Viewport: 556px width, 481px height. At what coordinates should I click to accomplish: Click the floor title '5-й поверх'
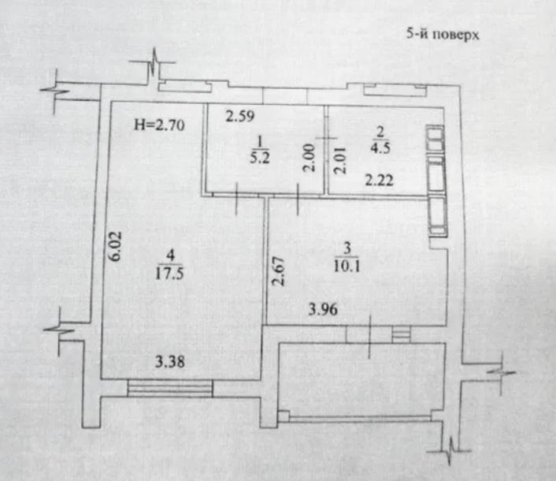pyautogui.click(x=443, y=35)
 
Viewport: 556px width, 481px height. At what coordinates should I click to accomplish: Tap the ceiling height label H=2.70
pyautogui.click(x=159, y=125)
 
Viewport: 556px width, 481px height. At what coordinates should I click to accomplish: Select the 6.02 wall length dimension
pyautogui.click(x=116, y=246)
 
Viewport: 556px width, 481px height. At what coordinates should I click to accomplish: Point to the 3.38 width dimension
pyautogui.click(x=170, y=362)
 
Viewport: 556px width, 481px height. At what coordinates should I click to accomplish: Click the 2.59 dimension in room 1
pyautogui.click(x=240, y=116)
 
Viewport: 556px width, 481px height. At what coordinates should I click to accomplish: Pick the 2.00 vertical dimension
pyautogui.click(x=310, y=157)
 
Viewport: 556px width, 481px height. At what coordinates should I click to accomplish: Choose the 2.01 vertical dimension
pyautogui.click(x=339, y=160)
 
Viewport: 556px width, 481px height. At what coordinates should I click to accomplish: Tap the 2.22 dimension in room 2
pyautogui.click(x=380, y=181)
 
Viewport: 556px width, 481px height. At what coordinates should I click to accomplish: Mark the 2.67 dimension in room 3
pyautogui.click(x=278, y=271)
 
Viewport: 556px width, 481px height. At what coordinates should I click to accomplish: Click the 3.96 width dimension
pyautogui.click(x=323, y=310)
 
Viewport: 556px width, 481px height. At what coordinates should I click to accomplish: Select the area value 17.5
pyautogui.click(x=169, y=274)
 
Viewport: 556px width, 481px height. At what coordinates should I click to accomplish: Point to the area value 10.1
pyautogui.click(x=347, y=266)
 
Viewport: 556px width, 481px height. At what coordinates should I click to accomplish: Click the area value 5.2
pyautogui.click(x=260, y=157)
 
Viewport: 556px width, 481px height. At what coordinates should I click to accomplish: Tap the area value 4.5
pyautogui.click(x=380, y=147)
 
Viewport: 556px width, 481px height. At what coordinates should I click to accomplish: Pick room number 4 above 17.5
pyautogui.click(x=171, y=255)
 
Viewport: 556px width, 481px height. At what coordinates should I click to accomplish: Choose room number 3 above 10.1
pyautogui.click(x=347, y=248)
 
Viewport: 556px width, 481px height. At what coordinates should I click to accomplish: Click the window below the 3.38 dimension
pyautogui.click(x=170, y=389)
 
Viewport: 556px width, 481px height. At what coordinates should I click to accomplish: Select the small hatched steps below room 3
pyautogui.click(x=401, y=334)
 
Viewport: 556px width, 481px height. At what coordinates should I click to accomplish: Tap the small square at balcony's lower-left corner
pyautogui.click(x=283, y=416)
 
